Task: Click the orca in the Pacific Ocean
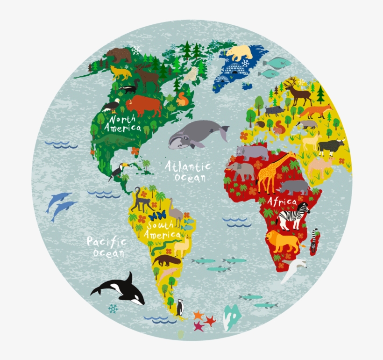tap(119, 288)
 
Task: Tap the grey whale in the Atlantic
tap(196, 133)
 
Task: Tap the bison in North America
tap(143, 106)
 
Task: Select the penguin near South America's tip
tap(180, 307)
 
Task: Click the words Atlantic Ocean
tap(187, 172)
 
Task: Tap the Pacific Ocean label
tap(106, 247)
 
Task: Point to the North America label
tap(122, 123)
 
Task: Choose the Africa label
tap(282, 202)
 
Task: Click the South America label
tap(162, 230)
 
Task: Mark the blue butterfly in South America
tap(157, 216)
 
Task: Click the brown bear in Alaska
tap(119, 55)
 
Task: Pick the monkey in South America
tap(140, 200)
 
